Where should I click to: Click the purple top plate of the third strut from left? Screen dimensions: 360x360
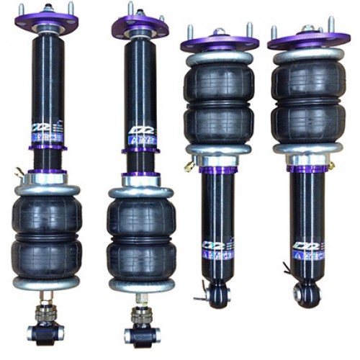219,42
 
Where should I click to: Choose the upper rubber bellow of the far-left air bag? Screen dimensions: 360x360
47,212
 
